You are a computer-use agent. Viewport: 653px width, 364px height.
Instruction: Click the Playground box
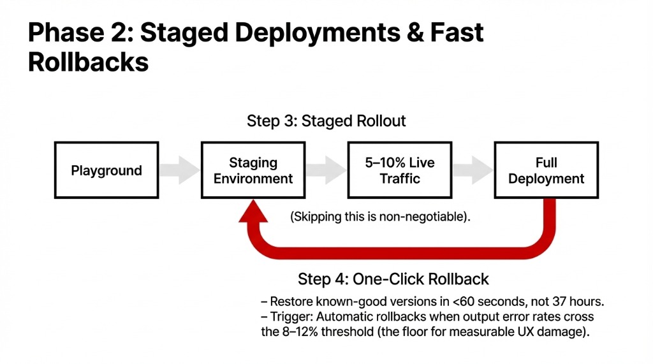coord(106,170)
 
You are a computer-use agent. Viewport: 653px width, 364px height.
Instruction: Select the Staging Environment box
coord(253,170)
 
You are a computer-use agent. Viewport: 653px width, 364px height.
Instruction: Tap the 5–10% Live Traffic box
coord(400,170)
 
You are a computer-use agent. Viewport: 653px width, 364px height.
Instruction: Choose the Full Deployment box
coord(546,170)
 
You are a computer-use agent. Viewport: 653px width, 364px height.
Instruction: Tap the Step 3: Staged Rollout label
coord(326,121)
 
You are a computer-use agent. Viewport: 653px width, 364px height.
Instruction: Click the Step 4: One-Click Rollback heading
coord(393,279)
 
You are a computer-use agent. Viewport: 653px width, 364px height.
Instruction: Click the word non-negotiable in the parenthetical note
coord(422,217)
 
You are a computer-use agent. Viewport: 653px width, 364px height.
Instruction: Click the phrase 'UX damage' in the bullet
coord(569,331)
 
